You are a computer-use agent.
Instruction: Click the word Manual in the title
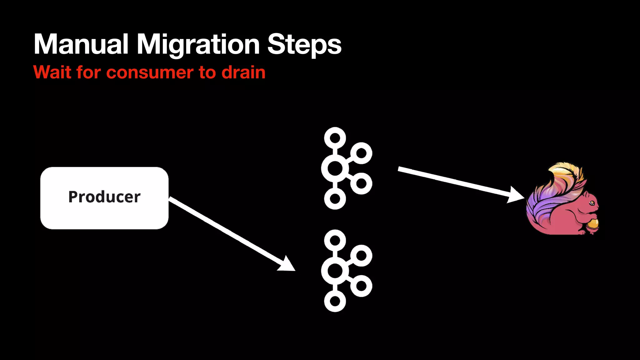pos(81,44)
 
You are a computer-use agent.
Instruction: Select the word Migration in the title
pos(198,45)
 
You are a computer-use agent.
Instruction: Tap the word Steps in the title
pos(304,45)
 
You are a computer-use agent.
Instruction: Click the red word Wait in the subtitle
pos(52,72)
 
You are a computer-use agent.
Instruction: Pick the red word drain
pos(243,72)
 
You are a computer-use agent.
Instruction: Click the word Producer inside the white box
pos(104,197)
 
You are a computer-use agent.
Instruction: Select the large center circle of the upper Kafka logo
pos(335,168)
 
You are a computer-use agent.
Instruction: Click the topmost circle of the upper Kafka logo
pos(335,138)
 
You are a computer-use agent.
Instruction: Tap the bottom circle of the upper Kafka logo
pos(335,199)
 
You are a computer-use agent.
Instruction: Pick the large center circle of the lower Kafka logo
pos(335,271)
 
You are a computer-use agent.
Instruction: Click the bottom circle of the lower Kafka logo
pos(335,301)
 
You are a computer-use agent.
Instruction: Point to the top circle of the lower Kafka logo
pos(335,240)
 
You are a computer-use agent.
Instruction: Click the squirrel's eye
pos(592,203)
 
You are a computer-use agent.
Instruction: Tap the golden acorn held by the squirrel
pos(592,224)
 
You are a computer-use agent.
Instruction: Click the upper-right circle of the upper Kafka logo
pos(361,153)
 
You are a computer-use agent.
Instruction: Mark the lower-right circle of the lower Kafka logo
pos(361,286)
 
